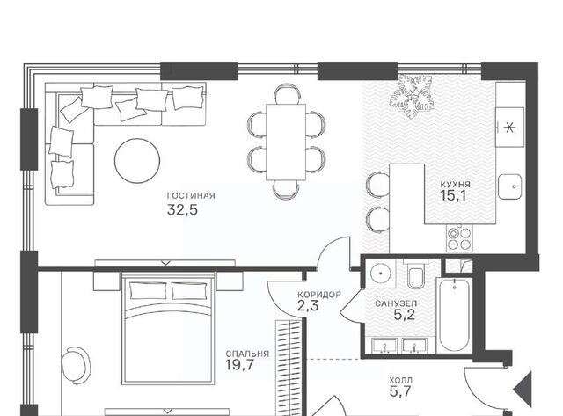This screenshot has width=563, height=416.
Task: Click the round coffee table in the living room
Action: click(137, 161)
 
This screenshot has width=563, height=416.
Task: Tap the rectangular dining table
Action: click(286, 142)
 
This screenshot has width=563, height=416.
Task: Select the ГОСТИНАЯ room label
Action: click(191, 195)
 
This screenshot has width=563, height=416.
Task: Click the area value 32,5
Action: click(182, 209)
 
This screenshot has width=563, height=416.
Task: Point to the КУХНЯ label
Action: click(456, 185)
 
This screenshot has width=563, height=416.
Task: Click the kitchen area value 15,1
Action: click(453, 196)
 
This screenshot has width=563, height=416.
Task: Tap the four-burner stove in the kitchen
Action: click(459, 238)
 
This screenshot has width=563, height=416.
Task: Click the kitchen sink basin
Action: click(510, 186)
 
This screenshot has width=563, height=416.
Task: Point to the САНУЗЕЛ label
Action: click(396, 303)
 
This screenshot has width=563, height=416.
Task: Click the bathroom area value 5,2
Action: click(405, 315)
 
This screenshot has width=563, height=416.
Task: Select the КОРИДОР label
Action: click(319, 295)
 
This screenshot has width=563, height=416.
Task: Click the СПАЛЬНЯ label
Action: click(247, 354)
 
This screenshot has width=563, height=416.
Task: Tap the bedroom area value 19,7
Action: click(240, 365)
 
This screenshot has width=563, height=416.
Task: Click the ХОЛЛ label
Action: click(401, 380)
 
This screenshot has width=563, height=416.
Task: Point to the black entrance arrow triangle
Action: click(525, 390)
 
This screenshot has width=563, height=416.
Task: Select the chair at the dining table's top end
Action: click(287, 94)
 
